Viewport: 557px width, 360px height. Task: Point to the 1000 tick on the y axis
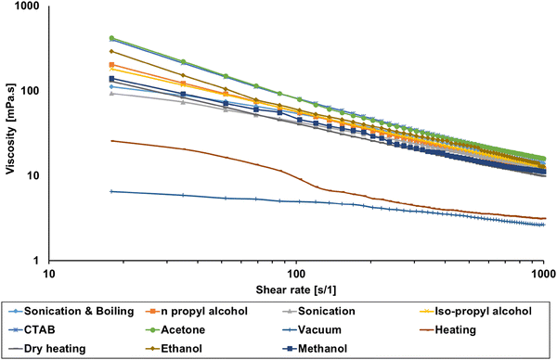click(x=29, y=6)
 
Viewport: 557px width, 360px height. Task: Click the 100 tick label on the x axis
click(x=296, y=272)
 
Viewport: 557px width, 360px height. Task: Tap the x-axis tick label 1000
click(x=543, y=272)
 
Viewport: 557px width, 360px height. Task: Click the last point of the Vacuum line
click(x=543, y=225)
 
